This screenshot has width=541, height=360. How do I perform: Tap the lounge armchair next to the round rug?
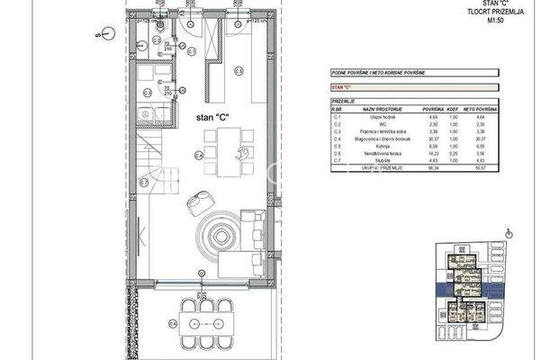(x=196, y=205)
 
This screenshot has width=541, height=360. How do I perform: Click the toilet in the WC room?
(x=143, y=40)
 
